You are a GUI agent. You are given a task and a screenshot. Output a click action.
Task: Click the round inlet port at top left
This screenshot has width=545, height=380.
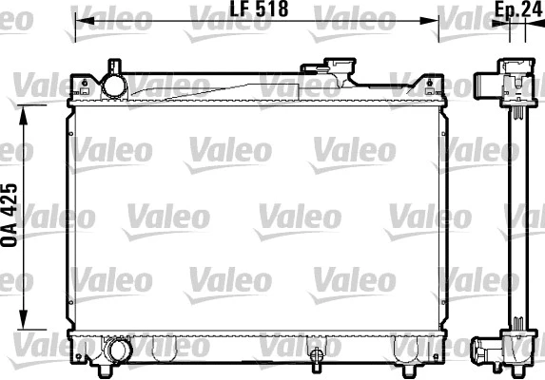[115, 85]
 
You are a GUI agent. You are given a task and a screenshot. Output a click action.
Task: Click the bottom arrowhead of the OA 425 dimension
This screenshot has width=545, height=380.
[26, 322]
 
